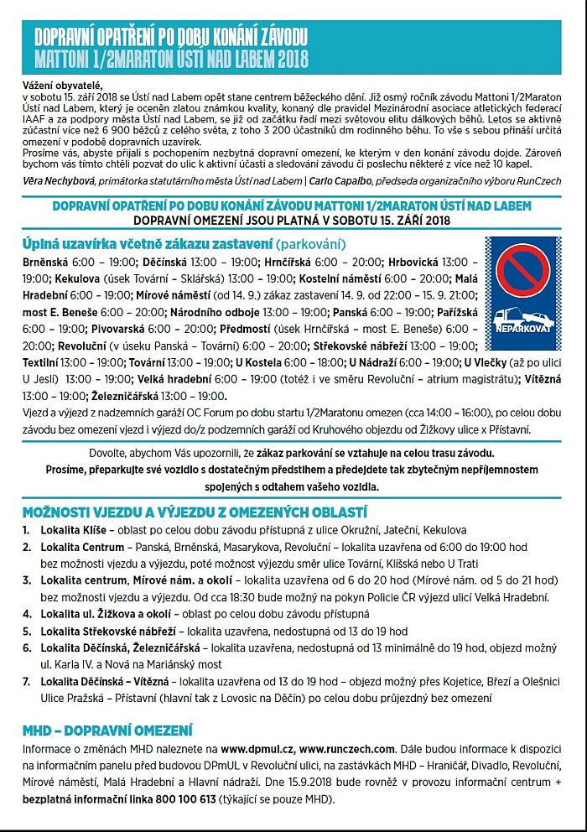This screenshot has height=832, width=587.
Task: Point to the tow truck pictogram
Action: [x=522, y=315]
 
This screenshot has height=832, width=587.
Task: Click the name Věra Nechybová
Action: [x=61, y=180]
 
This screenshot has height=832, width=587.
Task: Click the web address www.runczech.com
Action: [x=347, y=748]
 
